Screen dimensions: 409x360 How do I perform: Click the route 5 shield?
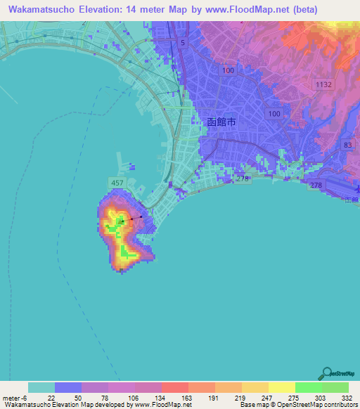click(x=183, y=43)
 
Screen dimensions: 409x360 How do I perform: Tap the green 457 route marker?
click(x=117, y=183)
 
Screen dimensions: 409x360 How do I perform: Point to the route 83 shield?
click(x=347, y=145)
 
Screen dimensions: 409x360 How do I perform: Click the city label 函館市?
click(x=225, y=122)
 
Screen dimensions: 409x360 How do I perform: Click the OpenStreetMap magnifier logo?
click(x=326, y=374)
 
